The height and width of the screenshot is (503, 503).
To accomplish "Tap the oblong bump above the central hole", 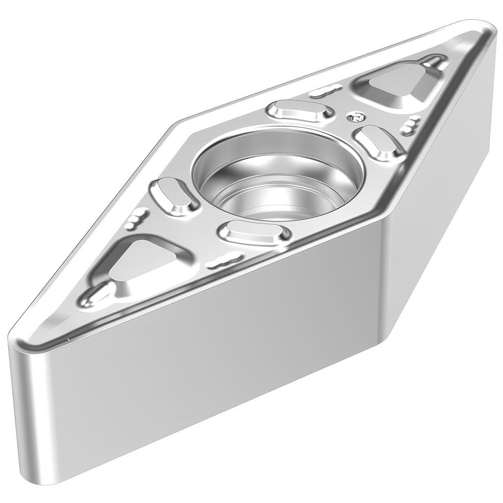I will (x=301, y=110).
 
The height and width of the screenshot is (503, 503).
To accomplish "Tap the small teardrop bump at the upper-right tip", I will (x=434, y=62).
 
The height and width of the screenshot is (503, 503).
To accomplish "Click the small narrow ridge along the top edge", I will (x=322, y=92).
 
